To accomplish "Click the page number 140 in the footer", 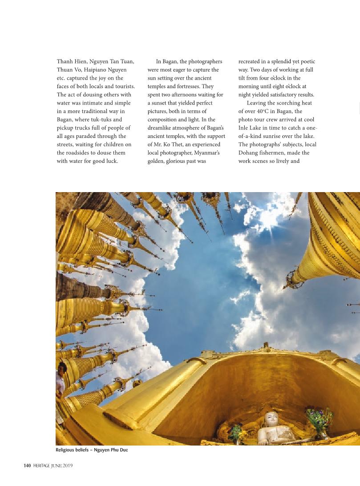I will coord(27,466).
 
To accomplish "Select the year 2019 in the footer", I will coord(67,466).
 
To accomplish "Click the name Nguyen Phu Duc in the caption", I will coord(111,450).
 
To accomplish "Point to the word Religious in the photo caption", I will coord(66,450).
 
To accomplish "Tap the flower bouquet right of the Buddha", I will coord(319,420).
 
